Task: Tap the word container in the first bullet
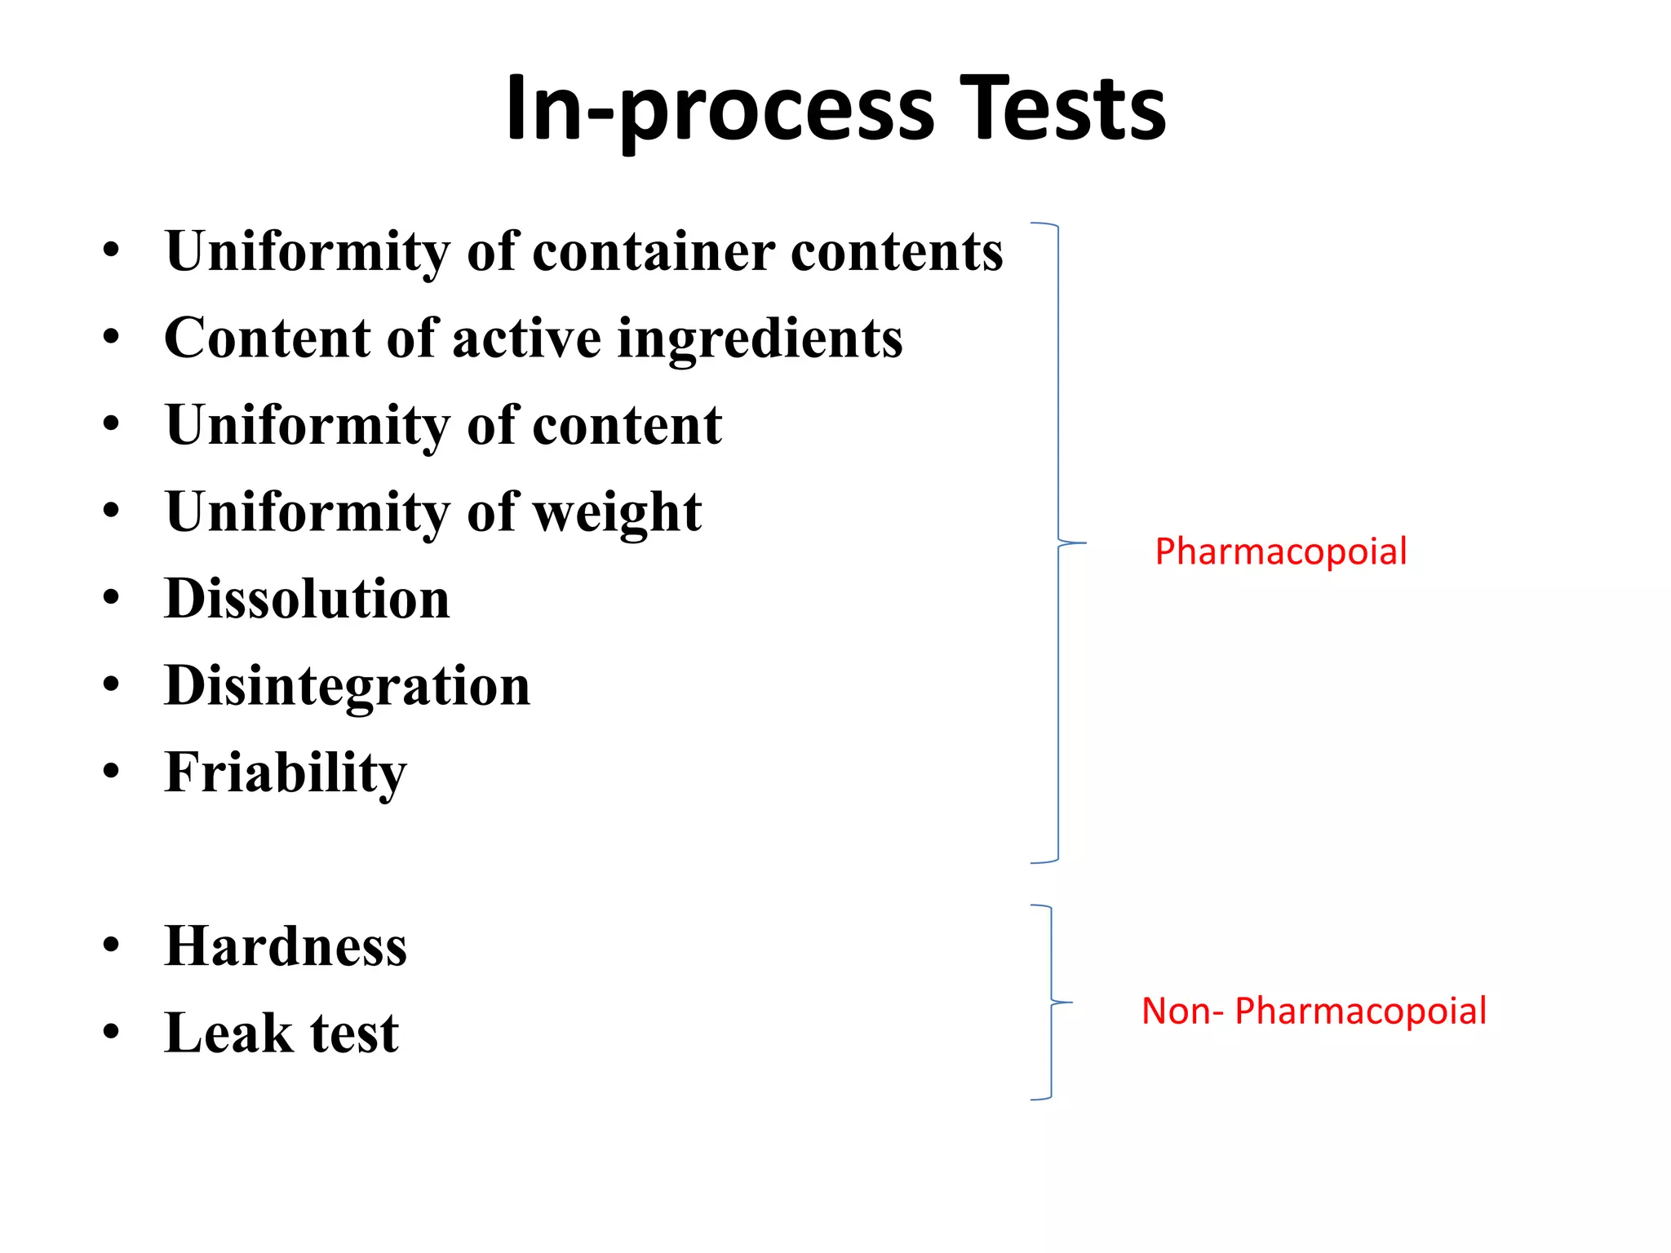point(654,252)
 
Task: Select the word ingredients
point(760,339)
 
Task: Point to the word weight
point(617,513)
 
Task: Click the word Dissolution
point(307,600)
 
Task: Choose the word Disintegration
point(348,686)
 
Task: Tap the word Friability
point(286,773)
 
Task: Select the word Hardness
point(286,947)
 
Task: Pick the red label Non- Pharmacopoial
point(1314,1012)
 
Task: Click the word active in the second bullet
point(526,339)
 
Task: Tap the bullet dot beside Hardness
point(112,945)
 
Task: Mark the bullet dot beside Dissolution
point(112,598)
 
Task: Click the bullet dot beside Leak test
point(112,1032)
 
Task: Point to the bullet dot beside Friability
point(112,771)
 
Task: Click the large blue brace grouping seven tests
point(1058,542)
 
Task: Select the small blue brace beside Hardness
point(1051,1002)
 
